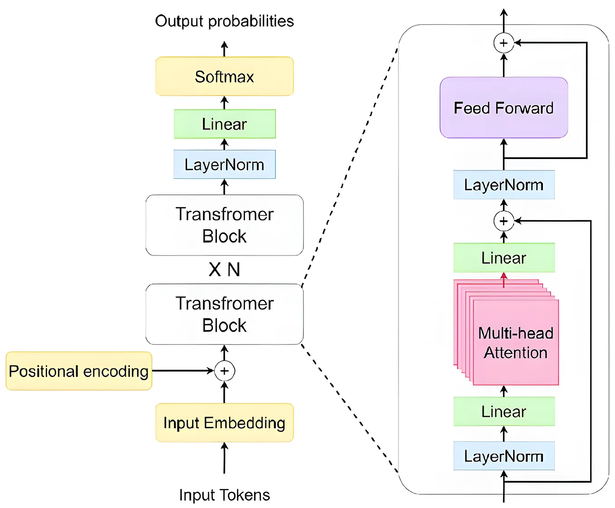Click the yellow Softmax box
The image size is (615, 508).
[x=224, y=76]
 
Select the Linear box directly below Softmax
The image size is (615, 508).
[x=224, y=124]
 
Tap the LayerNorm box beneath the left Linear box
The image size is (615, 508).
[x=224, y=164]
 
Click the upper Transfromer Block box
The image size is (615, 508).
[x=224, y=225]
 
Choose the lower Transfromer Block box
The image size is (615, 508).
[x=224, y=314]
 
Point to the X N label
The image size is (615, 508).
[x=224, y=270]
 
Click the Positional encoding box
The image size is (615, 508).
[x=79, y=371]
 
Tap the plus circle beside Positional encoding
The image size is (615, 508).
[x=224, y=371]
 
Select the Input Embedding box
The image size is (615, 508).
[x=224, y=422]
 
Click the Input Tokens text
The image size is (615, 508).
[x=224, y=495]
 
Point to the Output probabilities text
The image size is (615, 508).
[x=224, y=21]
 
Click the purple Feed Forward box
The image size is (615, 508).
[x=504, y=107]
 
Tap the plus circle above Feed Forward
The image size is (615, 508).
[x=504, y=43]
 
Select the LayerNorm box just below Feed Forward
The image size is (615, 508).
[x=504, y=184]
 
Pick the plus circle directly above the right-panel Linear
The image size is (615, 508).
[x=504, y=221]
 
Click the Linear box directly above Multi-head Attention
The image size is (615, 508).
[x=504, y=257]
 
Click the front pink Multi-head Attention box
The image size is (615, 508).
[x=515, y=343]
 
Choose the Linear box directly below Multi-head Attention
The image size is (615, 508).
[x=504, y=411]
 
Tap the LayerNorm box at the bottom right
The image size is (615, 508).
[x=504, y=456]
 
